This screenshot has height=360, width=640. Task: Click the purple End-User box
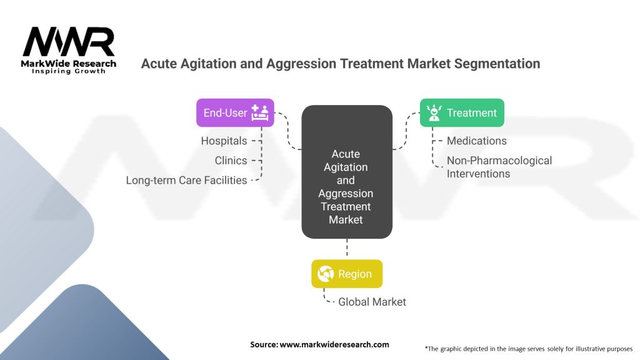click(235, 112)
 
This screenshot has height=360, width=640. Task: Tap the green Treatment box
click(462, 112)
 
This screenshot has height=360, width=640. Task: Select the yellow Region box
click(347, 274)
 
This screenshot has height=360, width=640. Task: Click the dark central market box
click(347, 171)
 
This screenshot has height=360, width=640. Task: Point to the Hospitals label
click(224, 141)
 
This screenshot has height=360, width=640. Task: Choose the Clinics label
click(231, 161)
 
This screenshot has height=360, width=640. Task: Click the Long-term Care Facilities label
click(186, 180)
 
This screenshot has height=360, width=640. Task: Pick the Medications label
click(476, 141)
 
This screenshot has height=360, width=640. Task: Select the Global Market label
click(372, 302)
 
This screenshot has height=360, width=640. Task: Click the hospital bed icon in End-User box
click(259, 112)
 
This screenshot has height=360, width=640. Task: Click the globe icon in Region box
click(325, 274)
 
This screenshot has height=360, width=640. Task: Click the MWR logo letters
click(69, 42)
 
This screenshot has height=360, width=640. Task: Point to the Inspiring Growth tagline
click(69, 71)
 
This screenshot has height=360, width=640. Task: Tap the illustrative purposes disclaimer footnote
click(528, 348)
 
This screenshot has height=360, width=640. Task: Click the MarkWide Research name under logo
click(69, 63)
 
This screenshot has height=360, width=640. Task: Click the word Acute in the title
click(159, 63)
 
